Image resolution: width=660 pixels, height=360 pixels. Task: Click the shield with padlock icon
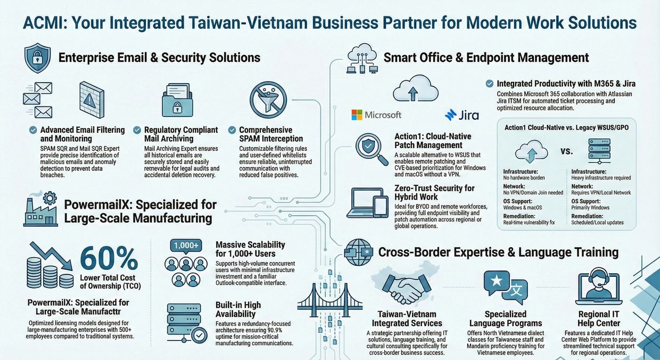[37, 58]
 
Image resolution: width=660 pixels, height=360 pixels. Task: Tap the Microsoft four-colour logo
[357, 114]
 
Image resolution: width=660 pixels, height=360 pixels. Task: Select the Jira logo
[461, 115]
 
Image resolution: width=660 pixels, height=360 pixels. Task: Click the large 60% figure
[109, 258]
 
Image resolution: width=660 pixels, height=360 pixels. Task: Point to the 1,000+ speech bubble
[186, 246]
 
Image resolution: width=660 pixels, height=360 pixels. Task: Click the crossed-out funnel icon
[268, 100]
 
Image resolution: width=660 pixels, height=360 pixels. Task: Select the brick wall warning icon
[92, 100]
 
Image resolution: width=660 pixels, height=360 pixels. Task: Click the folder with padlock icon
[177, 100]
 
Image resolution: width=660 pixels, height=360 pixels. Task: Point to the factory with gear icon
[40, 209]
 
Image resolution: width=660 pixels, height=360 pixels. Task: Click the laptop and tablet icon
[367, 203]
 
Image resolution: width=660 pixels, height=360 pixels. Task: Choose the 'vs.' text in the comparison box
[567, 152]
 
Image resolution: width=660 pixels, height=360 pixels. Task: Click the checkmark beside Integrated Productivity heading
[489, 84]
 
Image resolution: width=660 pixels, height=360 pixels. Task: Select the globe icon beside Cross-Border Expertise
[358, 252]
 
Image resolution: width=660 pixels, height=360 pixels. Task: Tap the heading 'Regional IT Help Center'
[599, 318]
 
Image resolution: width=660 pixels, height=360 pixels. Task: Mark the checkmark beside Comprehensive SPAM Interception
[232, 130]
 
